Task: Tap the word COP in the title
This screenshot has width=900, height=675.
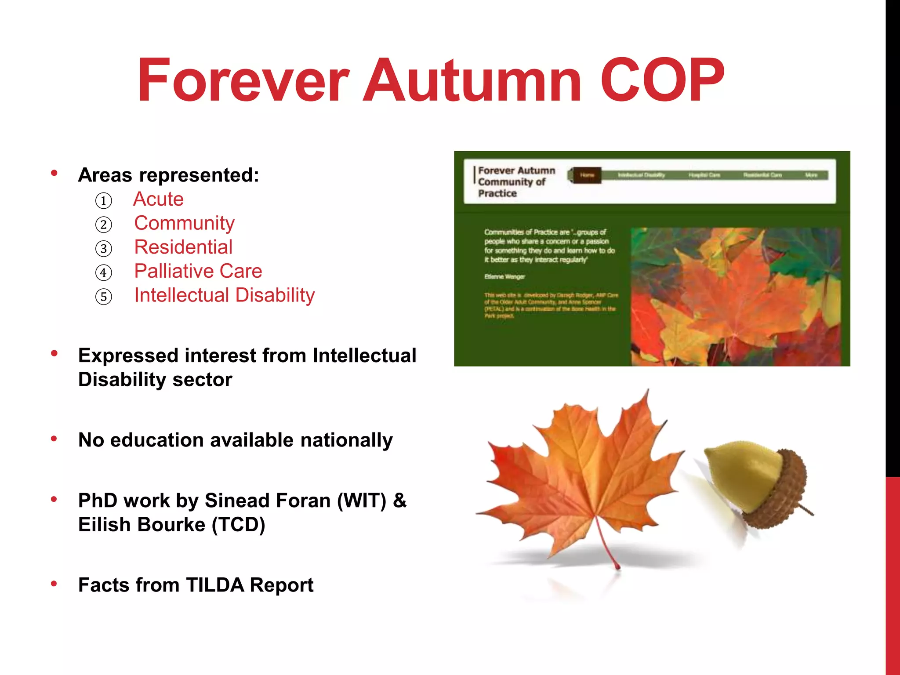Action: (662, 81)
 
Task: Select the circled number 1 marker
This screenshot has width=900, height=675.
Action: (104, 201)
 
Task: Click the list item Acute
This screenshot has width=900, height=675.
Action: (159, 199)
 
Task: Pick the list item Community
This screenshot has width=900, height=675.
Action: (185, 223)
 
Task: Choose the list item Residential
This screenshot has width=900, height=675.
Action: (183, 247)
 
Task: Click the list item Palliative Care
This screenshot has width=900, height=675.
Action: (198, 271)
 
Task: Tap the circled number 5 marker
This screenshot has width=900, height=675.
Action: (104, 297)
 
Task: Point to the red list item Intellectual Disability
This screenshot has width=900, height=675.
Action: (225, 295)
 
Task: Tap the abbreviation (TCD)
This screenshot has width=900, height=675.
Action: (238, 525)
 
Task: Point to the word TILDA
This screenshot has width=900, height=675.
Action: (215, 585)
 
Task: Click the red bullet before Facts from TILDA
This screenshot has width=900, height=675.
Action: (54, 584)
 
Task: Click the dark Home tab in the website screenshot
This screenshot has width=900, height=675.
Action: (587, 175)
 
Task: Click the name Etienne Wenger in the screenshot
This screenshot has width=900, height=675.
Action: (504, 277)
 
